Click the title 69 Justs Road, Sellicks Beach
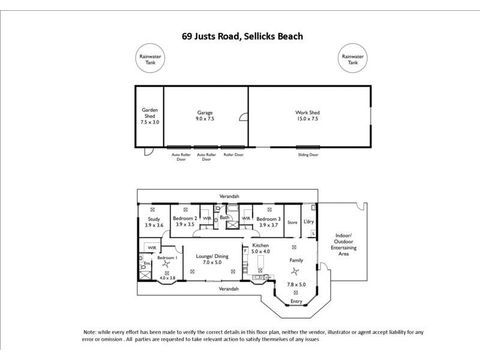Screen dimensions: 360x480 242,36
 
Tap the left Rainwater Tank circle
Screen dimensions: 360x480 150,59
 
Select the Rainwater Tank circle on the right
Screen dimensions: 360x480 353,59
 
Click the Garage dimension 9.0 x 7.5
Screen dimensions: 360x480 206,119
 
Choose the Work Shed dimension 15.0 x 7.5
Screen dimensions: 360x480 307,119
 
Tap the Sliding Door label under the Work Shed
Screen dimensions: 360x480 308,155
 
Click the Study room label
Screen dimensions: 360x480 154,219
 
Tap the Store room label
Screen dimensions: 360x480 292,223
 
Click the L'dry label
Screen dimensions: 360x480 309,222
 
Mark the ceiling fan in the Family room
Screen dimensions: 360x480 293,277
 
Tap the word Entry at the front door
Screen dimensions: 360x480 296,301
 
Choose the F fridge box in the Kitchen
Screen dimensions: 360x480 245,250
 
